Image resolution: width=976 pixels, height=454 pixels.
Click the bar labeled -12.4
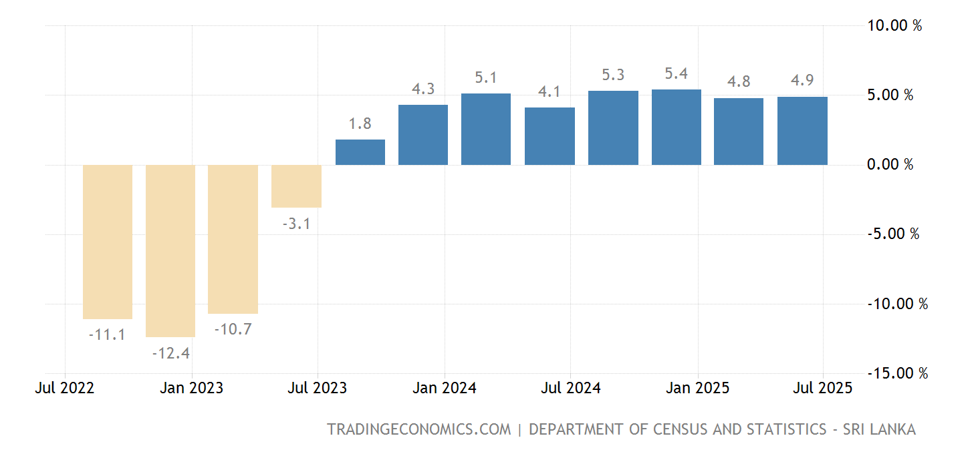[170, 250]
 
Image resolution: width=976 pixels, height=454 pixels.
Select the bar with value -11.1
[108, 242]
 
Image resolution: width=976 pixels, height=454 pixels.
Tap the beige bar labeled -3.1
[296, 186]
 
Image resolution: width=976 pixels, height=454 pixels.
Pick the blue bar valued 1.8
[360, 152]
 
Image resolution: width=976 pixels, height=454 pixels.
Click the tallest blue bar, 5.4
[677, 127]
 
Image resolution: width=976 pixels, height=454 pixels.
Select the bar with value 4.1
[550, 136]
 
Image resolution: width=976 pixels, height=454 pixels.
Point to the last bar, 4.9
[802, 131]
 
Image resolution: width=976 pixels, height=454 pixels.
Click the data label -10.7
[233, 329]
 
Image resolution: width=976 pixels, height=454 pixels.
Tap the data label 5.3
[613, 75]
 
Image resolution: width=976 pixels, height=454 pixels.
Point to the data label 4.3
[423, 89]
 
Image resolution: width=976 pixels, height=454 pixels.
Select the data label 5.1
[486, 78]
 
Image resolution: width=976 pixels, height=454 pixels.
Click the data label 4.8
[739, 82]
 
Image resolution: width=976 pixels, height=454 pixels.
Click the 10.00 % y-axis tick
[894, 26]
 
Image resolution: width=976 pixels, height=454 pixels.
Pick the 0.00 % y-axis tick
[890, 165]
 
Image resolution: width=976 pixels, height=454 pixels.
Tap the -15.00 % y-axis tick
[897, 373]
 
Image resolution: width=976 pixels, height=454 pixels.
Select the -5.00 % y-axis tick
[892, 234]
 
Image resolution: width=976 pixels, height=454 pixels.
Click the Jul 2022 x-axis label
[65, 389]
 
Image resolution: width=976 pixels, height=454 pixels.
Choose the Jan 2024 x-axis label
[445, 389]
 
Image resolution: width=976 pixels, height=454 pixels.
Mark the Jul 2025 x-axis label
[823, 389]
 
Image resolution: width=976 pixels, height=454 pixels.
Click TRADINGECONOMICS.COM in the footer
[418, 429]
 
